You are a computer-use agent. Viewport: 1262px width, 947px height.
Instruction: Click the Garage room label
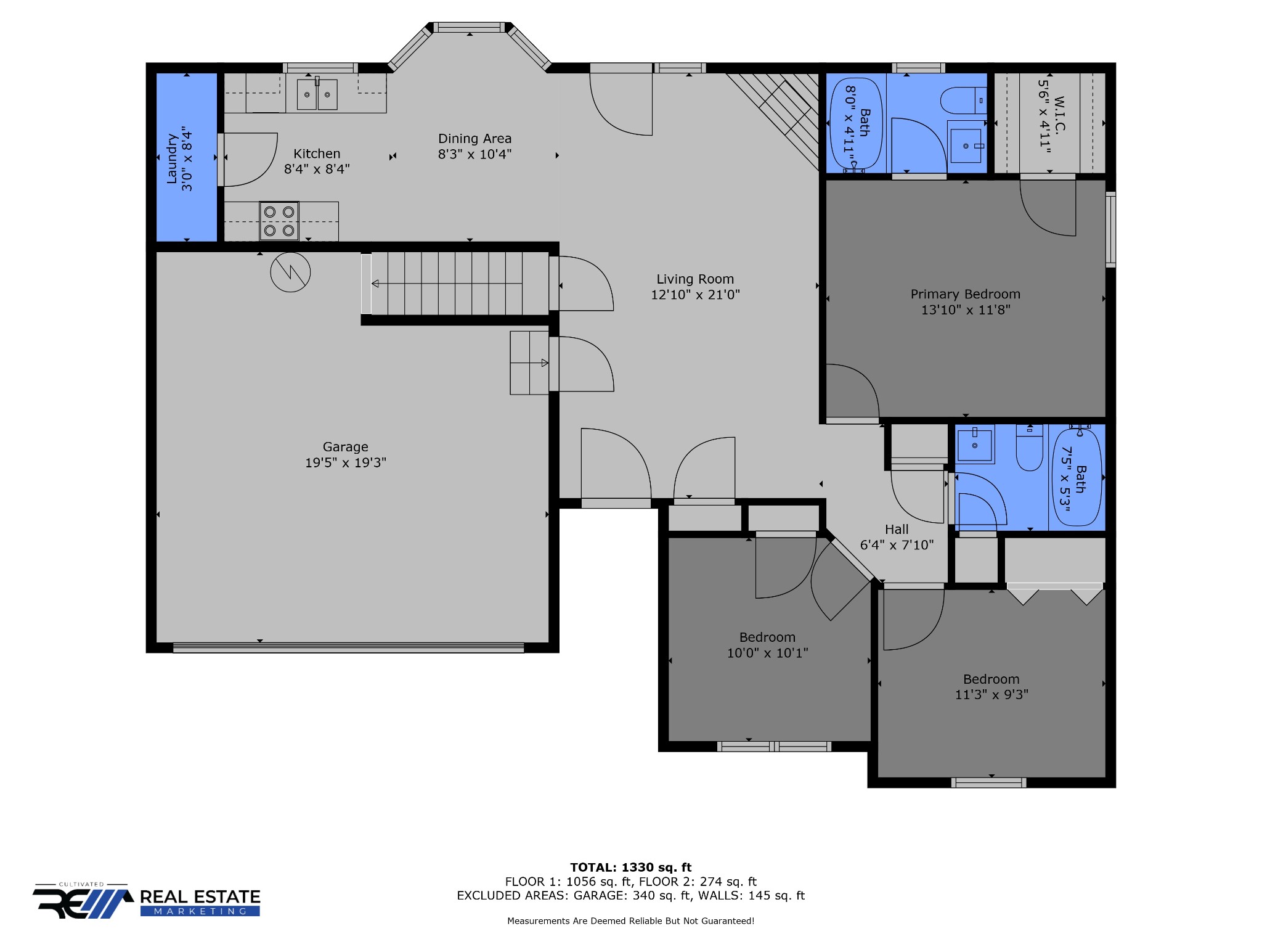345,447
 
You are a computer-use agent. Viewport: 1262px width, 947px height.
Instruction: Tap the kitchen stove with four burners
279,221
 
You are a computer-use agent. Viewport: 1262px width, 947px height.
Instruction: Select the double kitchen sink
317,94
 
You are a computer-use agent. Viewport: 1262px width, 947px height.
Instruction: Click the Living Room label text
695,279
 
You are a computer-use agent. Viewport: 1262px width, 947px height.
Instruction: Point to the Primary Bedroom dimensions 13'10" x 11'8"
966,310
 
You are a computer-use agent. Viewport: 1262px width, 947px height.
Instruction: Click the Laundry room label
172,158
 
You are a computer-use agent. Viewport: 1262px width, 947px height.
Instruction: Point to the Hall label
897,530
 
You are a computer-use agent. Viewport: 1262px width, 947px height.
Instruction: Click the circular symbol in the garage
290,272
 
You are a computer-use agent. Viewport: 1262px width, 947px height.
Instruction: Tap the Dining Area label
474,139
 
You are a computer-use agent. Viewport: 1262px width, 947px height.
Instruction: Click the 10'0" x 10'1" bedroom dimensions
767,653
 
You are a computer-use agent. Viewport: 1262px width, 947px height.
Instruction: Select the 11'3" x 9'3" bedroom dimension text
991,695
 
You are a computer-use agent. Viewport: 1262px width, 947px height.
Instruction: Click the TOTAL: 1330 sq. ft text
631,867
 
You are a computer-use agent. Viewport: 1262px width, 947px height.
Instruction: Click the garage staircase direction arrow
447,284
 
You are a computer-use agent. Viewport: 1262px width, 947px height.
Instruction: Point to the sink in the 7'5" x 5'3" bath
975,445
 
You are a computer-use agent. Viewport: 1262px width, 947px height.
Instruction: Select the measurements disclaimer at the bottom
630,921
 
